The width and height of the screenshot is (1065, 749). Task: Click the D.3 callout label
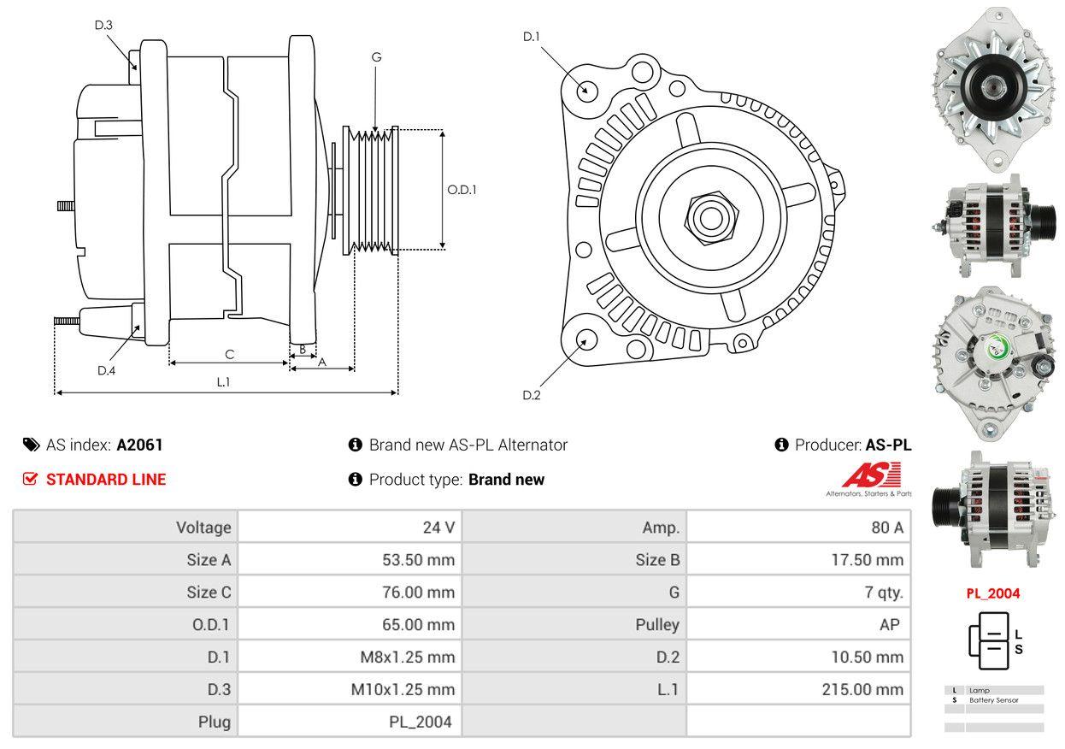[x=103, y=25]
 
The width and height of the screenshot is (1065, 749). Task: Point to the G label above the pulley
[x=376, y=57]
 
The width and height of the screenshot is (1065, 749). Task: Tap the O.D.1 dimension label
[x=462, y=190]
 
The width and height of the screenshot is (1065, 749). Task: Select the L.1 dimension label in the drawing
[x=223, y=382]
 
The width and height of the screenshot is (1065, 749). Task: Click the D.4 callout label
[x=106, y=370]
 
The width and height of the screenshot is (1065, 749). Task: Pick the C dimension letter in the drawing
[x=229, y=354]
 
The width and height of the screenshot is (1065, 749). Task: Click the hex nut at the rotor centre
[x=707, y=215]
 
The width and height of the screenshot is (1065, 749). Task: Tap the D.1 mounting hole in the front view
[x=586, y=90]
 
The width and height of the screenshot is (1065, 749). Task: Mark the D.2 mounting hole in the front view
[x=586, y=339]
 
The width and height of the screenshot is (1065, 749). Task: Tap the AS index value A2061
[x=139, y=445]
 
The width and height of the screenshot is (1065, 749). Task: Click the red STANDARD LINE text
[x=106, y=480]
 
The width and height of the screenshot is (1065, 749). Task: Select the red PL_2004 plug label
[x=993, y=593]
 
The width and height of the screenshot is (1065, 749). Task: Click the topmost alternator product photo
[x=994, y=86]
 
